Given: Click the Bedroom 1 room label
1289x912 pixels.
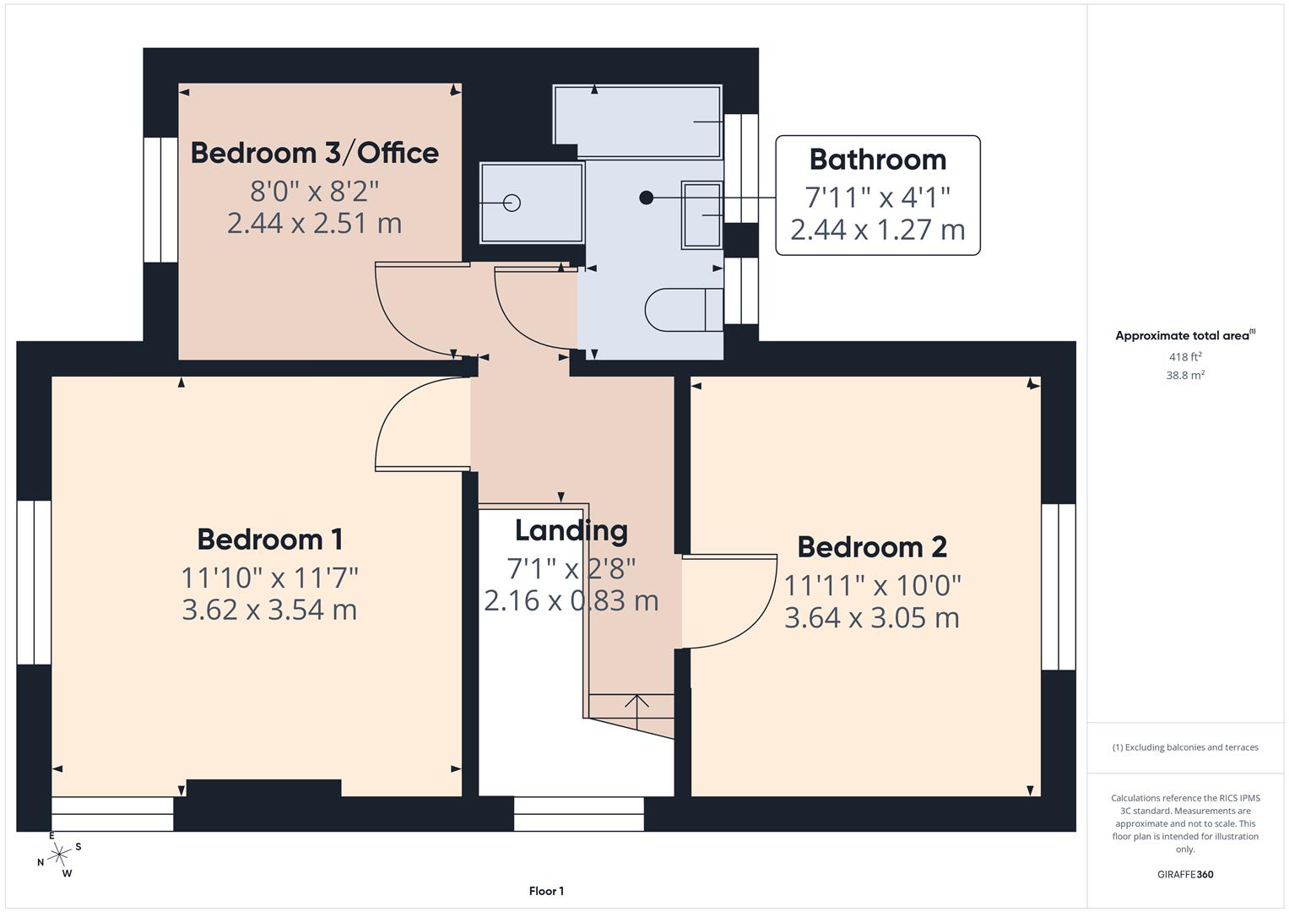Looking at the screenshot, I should tap(269, 540).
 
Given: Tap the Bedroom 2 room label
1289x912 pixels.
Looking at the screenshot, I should tap(871, 547).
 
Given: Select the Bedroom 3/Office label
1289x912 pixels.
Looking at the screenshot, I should tap(314, 153).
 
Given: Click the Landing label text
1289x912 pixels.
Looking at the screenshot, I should tap(571, 530).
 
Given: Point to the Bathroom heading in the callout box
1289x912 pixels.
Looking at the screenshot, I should tap(877, 160).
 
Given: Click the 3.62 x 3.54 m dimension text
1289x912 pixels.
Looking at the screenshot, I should tap(269, 610).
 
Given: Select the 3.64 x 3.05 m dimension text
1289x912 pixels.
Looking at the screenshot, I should tap(871, 618).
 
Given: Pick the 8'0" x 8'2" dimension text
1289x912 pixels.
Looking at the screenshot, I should tap(314, 191).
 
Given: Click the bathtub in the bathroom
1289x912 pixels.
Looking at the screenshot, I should tap(637, 121).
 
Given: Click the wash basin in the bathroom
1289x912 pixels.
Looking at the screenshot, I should tap(701, 214).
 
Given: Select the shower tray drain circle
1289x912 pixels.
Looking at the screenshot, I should tap(512, 203).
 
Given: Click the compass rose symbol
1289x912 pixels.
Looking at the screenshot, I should tap(59, 855).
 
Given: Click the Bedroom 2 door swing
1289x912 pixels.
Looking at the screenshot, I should tap(730, 601).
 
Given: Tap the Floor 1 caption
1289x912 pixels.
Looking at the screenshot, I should tap(546, 891).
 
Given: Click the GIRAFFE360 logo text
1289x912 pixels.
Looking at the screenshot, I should tap(1184, 874).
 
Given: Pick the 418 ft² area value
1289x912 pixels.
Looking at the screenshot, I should tap(1184, 357).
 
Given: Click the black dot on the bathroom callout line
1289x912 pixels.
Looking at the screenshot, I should tap(646, 198).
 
